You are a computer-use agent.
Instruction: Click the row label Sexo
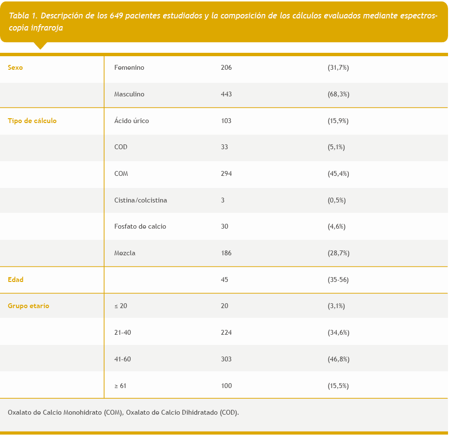tap(15, 68)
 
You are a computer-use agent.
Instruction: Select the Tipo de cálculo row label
tap(32, 121)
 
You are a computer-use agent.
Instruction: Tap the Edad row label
tap(15, 280)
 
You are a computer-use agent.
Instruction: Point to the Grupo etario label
tap(28, 306)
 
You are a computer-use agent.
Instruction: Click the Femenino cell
tap(129, 68)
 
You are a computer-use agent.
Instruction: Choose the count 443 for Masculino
tap(226, 94)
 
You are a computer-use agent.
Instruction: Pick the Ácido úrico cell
tap(132, 121)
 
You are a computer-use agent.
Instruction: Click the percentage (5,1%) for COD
tap(336, 147)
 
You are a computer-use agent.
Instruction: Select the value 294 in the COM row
tap(226, 173)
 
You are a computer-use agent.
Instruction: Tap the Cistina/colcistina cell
tap(141, 200)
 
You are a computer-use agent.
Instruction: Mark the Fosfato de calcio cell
tap(140, 227)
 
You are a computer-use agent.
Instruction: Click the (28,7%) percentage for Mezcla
tap(338, 253)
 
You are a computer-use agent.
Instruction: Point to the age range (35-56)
tap(338, 280)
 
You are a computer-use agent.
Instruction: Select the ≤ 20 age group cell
tap(120, 306)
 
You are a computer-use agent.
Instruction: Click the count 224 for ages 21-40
tap(226, 333)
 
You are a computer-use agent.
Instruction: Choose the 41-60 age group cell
tap(122, 359)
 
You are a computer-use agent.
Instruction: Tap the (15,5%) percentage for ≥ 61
tap(338, 386)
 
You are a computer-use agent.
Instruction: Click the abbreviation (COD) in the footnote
tap(229, 413)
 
